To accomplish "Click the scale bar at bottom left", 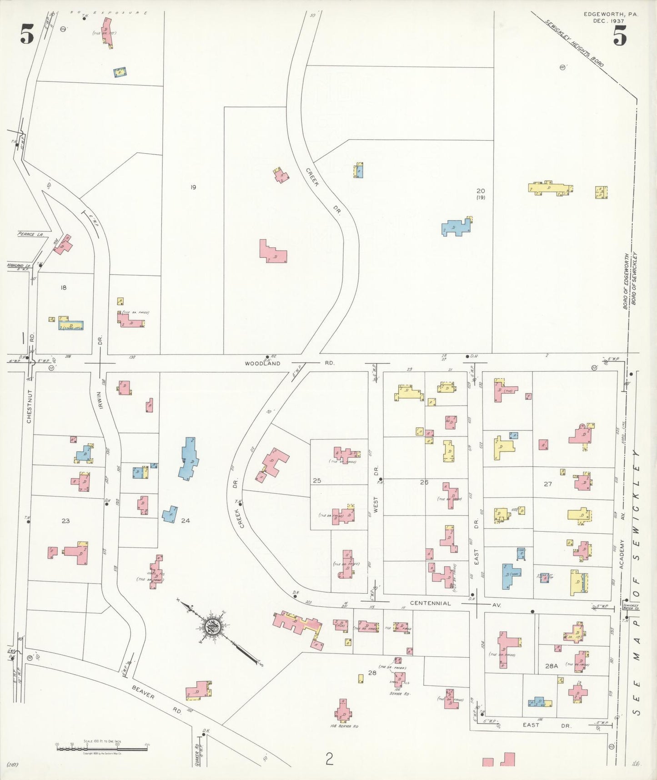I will pos(102,748).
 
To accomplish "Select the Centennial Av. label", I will pos(430,603).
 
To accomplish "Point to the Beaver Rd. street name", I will pos(157,698).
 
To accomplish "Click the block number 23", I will pos(65,521).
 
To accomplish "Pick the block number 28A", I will pos(551,665).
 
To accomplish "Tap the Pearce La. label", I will pos(30,234).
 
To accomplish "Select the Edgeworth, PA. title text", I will pos(611,15).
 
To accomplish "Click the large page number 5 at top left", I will pos(27,35).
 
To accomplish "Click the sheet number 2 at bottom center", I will pos(329,759).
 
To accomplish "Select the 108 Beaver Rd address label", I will pos(344,726).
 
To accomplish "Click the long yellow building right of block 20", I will pos(550,188).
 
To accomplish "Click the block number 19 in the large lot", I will pos(193,187).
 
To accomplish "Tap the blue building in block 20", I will pos(456,227).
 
